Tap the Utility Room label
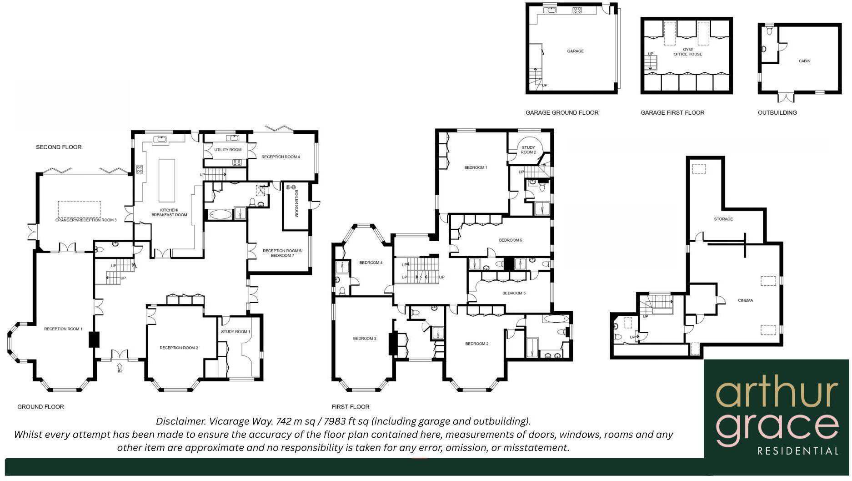228,150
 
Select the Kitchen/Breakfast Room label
169,213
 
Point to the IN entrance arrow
120,368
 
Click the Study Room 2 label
528,150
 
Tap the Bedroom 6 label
511,240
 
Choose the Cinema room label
746,300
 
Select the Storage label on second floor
723,219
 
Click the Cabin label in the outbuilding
804,61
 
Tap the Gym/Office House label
688,52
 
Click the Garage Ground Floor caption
562,113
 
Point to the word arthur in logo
777,395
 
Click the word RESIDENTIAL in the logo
798,451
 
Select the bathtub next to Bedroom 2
555,319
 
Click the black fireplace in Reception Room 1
94,340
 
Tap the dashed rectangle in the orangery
80,209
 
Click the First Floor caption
351,407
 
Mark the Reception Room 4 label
281,157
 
